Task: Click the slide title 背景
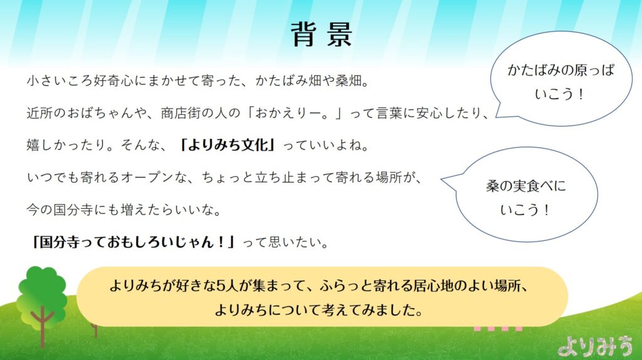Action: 322,34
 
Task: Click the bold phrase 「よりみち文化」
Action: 227,145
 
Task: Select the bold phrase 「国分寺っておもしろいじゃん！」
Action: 134,242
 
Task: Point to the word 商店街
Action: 181,113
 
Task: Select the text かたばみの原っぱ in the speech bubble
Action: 561,70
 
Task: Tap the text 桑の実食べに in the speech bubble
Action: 526,186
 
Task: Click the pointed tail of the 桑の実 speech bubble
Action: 442,179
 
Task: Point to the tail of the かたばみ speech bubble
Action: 497,117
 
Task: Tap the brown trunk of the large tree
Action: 42,327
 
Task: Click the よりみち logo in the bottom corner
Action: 596,346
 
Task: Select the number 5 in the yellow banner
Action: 221,285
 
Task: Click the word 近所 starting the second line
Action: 39,113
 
